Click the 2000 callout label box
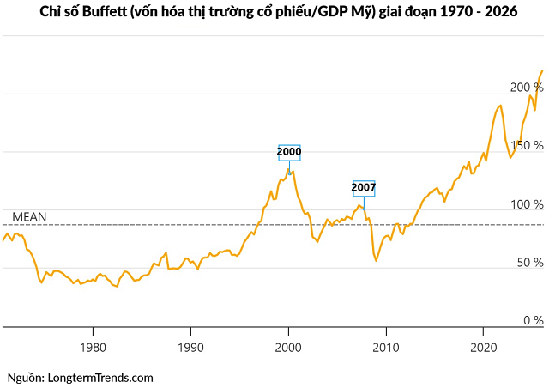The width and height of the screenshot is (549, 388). tap(289, 153)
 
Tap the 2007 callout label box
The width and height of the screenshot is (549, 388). tap(364, 188)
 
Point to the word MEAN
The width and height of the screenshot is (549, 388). tap(29, 216)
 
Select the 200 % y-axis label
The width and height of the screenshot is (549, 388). tap(526, 88)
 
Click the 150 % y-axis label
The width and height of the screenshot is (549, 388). tap(526, 145)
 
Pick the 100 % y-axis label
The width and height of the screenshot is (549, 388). tap(526, 204)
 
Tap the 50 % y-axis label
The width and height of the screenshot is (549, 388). tap(529, 262)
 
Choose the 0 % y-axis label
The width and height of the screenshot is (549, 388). tap(533, 320)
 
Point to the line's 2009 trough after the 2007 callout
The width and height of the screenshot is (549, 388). tap(376, 260)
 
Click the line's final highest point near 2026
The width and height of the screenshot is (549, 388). tap(543, 70)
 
